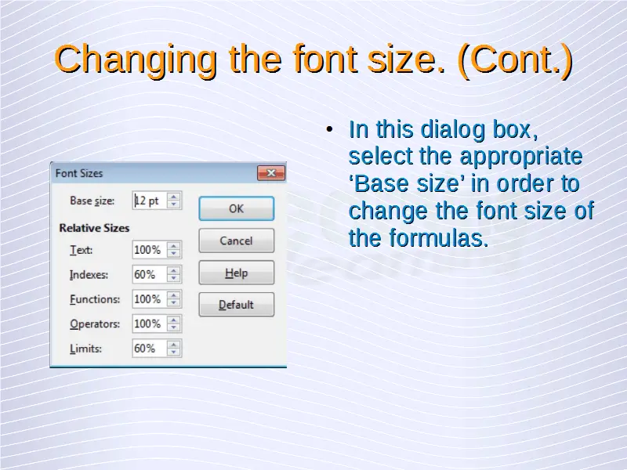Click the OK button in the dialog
(237, 208)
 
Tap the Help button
(237, 273)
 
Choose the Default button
(237, 305)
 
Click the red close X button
(270, 172)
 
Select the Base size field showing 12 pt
(149, 201)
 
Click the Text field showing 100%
(149, 250)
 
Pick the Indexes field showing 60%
(149, 275)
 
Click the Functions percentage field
(149, 299)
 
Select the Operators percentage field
(149, 324)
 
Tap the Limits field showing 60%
(149, 349)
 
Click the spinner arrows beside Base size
(173, 201)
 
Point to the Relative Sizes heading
(94, 228)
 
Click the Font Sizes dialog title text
(79, 173)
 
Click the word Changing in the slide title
(135, 60)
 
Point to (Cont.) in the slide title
(515, 60)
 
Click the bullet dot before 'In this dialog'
(329, 129)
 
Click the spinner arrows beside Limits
(173, 349)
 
